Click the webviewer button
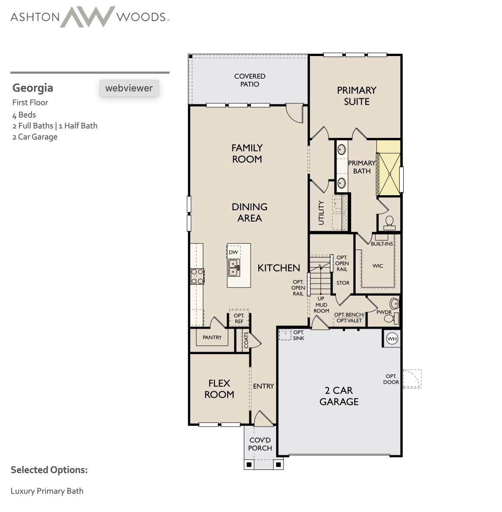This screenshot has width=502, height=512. pos(129,88)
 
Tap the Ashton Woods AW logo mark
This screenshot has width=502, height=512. pos(88,17)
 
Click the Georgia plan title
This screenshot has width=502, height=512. pos(33,88)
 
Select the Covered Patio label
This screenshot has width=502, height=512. pos(250,80)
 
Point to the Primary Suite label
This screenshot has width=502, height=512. pos(356,96)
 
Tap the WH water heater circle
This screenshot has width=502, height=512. pos(392,339)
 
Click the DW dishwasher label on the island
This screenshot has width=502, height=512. pos(233,252)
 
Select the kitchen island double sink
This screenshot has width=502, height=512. pos(234,268)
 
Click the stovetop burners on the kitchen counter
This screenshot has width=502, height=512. pos(198,276)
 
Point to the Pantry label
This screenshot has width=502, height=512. pos(212,337)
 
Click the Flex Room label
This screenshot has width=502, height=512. pos(219,389)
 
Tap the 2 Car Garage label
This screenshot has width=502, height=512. pos(339,396)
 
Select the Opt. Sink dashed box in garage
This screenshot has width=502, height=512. pos(285,334)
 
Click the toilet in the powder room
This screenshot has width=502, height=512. pos(390,319)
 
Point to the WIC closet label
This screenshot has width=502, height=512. pos(378,266)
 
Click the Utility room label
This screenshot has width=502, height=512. pos(321,212)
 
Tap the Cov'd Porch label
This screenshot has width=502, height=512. pos(260,444)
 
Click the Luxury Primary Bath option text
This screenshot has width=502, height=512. pos(47,491)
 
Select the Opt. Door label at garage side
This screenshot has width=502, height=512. pos(391,379)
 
